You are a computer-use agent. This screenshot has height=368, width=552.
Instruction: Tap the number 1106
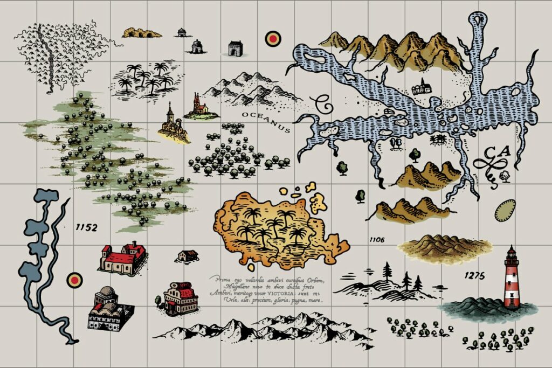coord(377,239)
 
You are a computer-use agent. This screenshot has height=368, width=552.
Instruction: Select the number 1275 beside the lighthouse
coord(474,276)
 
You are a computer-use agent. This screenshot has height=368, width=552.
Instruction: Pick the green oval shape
coord(505,210)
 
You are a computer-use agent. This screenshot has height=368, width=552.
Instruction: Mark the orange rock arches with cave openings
coord(142,33)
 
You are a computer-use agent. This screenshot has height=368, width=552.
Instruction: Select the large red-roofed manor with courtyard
coord(123,258)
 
